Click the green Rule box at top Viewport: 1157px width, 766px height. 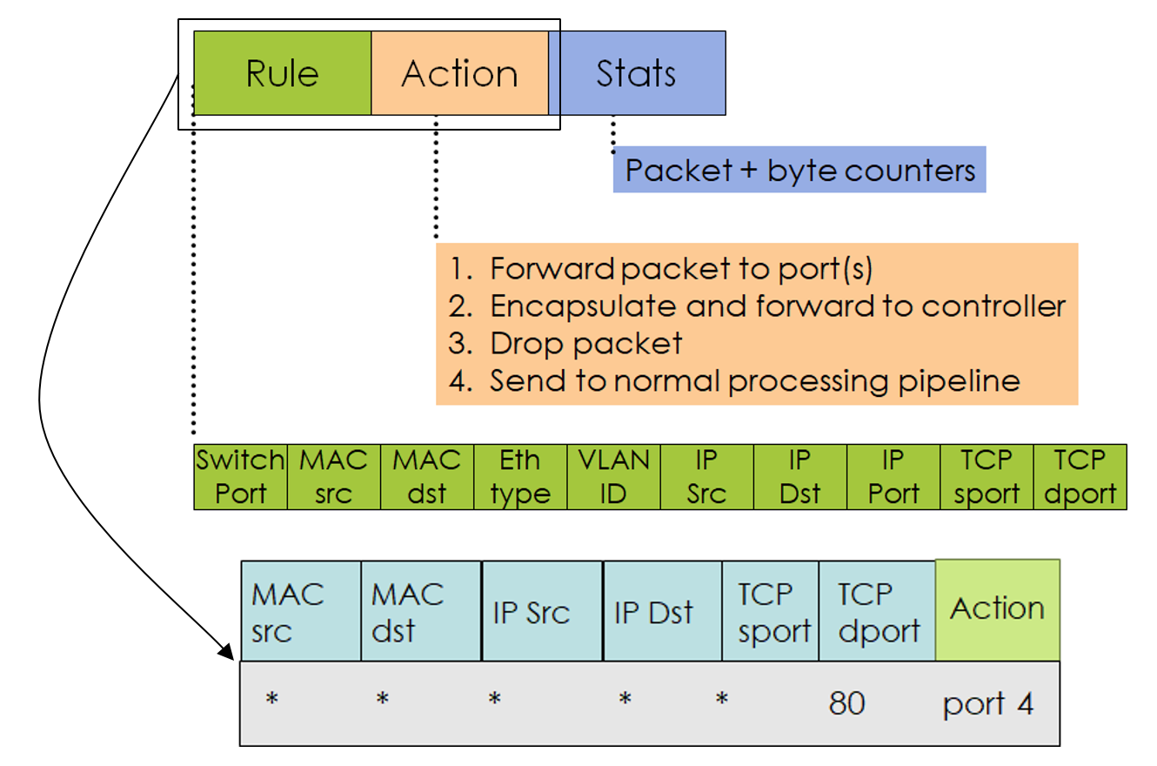point(282,73)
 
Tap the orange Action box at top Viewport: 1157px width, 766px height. point(459,73)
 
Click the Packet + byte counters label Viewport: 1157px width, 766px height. point(799,170)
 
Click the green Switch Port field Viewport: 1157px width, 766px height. point(240,477)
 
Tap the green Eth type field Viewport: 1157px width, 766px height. point(520,477)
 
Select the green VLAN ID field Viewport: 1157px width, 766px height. point(613,477)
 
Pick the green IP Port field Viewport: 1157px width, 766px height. point(893,477)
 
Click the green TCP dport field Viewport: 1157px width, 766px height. point(1080,477)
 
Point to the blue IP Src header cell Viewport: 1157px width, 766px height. point(541,611)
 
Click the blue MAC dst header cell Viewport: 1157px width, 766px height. point(420,611)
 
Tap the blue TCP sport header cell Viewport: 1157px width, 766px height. point(770,611)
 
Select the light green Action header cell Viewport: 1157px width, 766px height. point(997,609)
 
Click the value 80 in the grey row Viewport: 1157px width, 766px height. point(846,702)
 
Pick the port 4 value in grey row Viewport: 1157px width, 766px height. point(988,703)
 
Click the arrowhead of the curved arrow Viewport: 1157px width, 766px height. point(227,652)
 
